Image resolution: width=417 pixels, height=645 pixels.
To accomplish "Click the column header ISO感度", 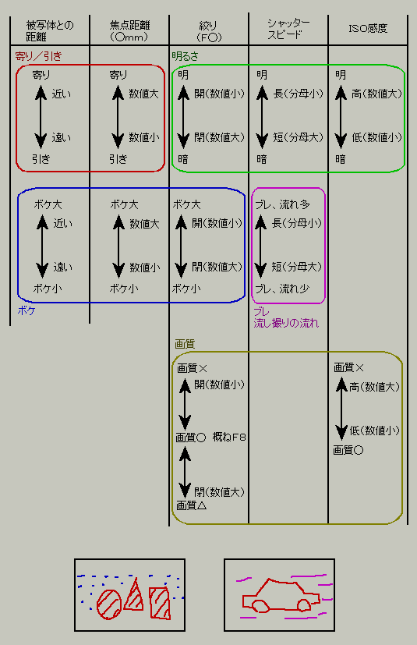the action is pyautogui.click(x=368, y=28).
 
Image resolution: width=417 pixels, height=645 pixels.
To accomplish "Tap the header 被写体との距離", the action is pyautogui.click(x=50, y=31).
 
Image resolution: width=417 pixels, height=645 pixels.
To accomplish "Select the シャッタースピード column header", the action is pyautogui.click(x=288, y=29).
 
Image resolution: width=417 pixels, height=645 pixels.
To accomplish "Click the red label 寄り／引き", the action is pyautogui.click(x=38, y=56).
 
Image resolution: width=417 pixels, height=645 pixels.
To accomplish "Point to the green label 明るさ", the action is pyautogui.click(x=185, y=56).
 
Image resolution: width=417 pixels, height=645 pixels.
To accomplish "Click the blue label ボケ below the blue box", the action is pyautogui.click(x=27, y=310).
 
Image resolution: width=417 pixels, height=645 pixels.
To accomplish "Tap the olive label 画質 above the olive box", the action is pyautogui.click(x=185, y=344).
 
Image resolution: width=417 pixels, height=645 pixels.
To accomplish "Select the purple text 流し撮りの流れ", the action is pyautogui.click(x=286, y=323).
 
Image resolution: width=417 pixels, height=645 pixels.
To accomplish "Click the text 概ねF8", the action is pyautogui.click(x=229, y=437).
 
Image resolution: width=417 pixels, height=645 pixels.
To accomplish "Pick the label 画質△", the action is pyautogui.click(x=191, y=505).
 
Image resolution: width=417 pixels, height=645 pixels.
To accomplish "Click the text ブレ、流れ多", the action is pyautogui.click(x=282, y=204).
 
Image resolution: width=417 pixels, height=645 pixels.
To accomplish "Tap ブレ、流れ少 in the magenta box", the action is pyautogui.click(x=282, y=289).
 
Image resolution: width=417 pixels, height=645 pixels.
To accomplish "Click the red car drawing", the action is pyautogui.click(x=281, y=596).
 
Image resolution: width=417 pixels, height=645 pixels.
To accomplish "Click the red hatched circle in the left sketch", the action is pyautogui.click(x=109, y=604).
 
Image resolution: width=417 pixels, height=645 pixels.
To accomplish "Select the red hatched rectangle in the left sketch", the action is pyautogui.click(x=160, y=603).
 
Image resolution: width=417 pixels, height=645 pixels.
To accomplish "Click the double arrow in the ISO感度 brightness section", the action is pyautogui.click(x=341, y=116).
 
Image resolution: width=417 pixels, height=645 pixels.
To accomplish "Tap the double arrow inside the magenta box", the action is pyautogui.click(x=260, y=246).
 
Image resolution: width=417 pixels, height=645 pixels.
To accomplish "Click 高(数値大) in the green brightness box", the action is pyautogui.click(x=376, y=94).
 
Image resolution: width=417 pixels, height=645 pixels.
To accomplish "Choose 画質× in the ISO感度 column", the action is pyautogui.click(x=348, y=367).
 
